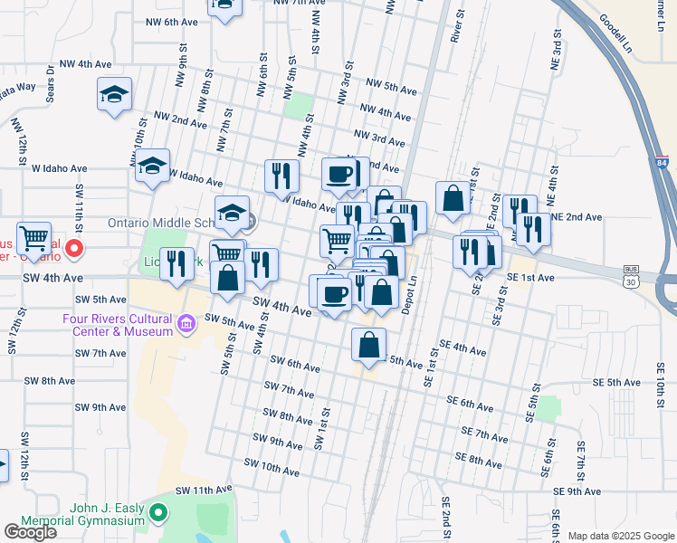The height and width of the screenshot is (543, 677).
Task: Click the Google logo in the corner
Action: click(x=30, y=532)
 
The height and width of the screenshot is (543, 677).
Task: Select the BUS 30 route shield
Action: click(x=633, y=275)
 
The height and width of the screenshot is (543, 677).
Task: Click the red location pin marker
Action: click(x=75, y=247)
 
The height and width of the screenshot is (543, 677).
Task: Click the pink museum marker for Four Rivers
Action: click(x=186, y=323)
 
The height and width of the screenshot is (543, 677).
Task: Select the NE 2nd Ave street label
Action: click(x=577, y=217)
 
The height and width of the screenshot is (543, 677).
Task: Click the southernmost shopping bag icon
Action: click(x=369, y=345)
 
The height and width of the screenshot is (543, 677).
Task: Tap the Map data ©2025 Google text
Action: click(x=620, y=536)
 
